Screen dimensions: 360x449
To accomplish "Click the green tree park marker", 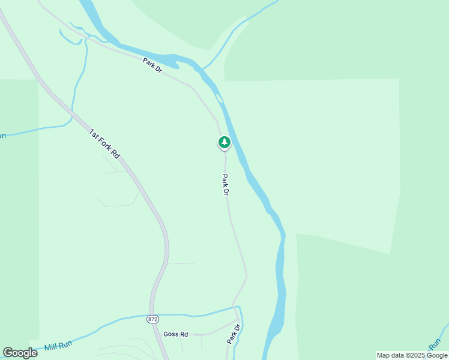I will coord(224,142).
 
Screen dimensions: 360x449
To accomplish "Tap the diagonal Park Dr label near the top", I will coord(152,65).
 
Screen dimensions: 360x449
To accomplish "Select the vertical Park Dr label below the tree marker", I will coord(226,184).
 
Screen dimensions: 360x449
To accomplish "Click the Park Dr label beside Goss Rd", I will coord(234,334).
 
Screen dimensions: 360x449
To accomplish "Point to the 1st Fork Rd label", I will coord(104,143).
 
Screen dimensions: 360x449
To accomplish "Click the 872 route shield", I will coord(152,319).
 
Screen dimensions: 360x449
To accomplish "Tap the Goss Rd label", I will coord(175,334).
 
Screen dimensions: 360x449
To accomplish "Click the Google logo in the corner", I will coord(20,352).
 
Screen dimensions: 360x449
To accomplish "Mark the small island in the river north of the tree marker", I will coord(219,98).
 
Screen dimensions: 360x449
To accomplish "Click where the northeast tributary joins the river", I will coord(203,68).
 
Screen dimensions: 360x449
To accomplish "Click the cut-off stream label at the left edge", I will coord(2,136).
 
